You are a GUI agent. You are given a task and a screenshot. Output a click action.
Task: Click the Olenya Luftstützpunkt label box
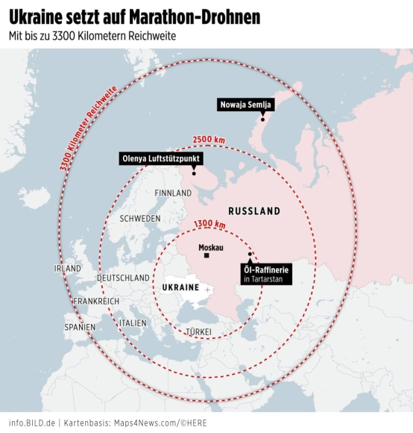click(x=162, y=158)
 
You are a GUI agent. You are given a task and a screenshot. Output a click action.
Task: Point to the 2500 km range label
click(x=207, y=140)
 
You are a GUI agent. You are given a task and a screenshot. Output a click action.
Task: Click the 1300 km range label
click(x=209, y=225)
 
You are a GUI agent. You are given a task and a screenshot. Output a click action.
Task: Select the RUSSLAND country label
click(x=253, y=211)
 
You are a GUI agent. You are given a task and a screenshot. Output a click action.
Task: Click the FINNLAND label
click(x=173, y=193)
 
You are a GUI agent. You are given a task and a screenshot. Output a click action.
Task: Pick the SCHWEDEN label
click(x=139, y=219)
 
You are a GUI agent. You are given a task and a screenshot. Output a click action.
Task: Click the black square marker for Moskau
click(x=208, y=257)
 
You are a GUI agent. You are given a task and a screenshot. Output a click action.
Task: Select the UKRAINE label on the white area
click(x=180, y=287)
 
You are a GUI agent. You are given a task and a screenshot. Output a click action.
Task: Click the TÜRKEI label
click(x=198, y=331)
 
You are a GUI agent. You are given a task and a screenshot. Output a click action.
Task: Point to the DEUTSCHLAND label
click(x=123, y=278)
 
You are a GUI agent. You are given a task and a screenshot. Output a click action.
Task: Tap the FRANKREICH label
click(x=95, y=301)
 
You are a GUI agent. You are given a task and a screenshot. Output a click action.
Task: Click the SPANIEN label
click(x=80, y=327)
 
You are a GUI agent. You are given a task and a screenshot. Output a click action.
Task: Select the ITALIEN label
click(x=133, y=323)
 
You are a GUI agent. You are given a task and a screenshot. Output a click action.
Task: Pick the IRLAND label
click(x=67, y=268)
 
